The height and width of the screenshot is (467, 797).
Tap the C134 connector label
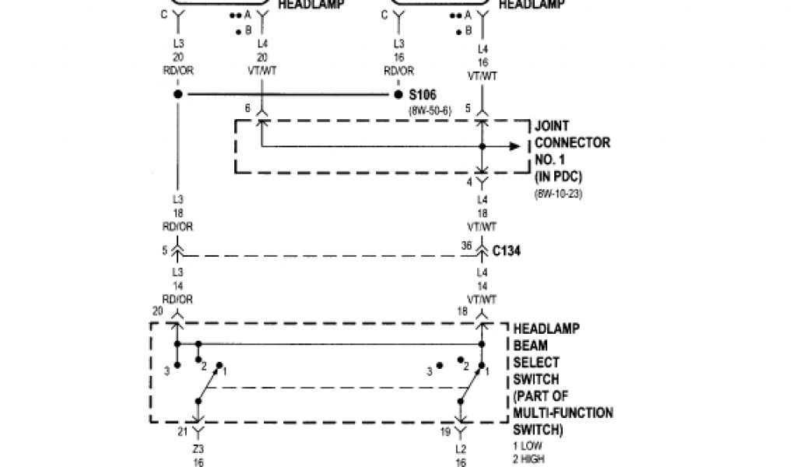coord(508,251)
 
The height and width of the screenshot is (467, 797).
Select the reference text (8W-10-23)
coord(558,193)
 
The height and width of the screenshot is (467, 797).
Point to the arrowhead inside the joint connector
coord(514,146)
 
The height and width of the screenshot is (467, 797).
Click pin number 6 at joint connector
coord(248,109)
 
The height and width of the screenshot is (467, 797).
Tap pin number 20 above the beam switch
coord(158,311)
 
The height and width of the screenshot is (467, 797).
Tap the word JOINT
coord(552,126)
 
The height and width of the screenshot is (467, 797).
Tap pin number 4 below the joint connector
coord(469,182)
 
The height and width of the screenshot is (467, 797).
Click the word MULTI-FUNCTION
coord(563,413)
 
